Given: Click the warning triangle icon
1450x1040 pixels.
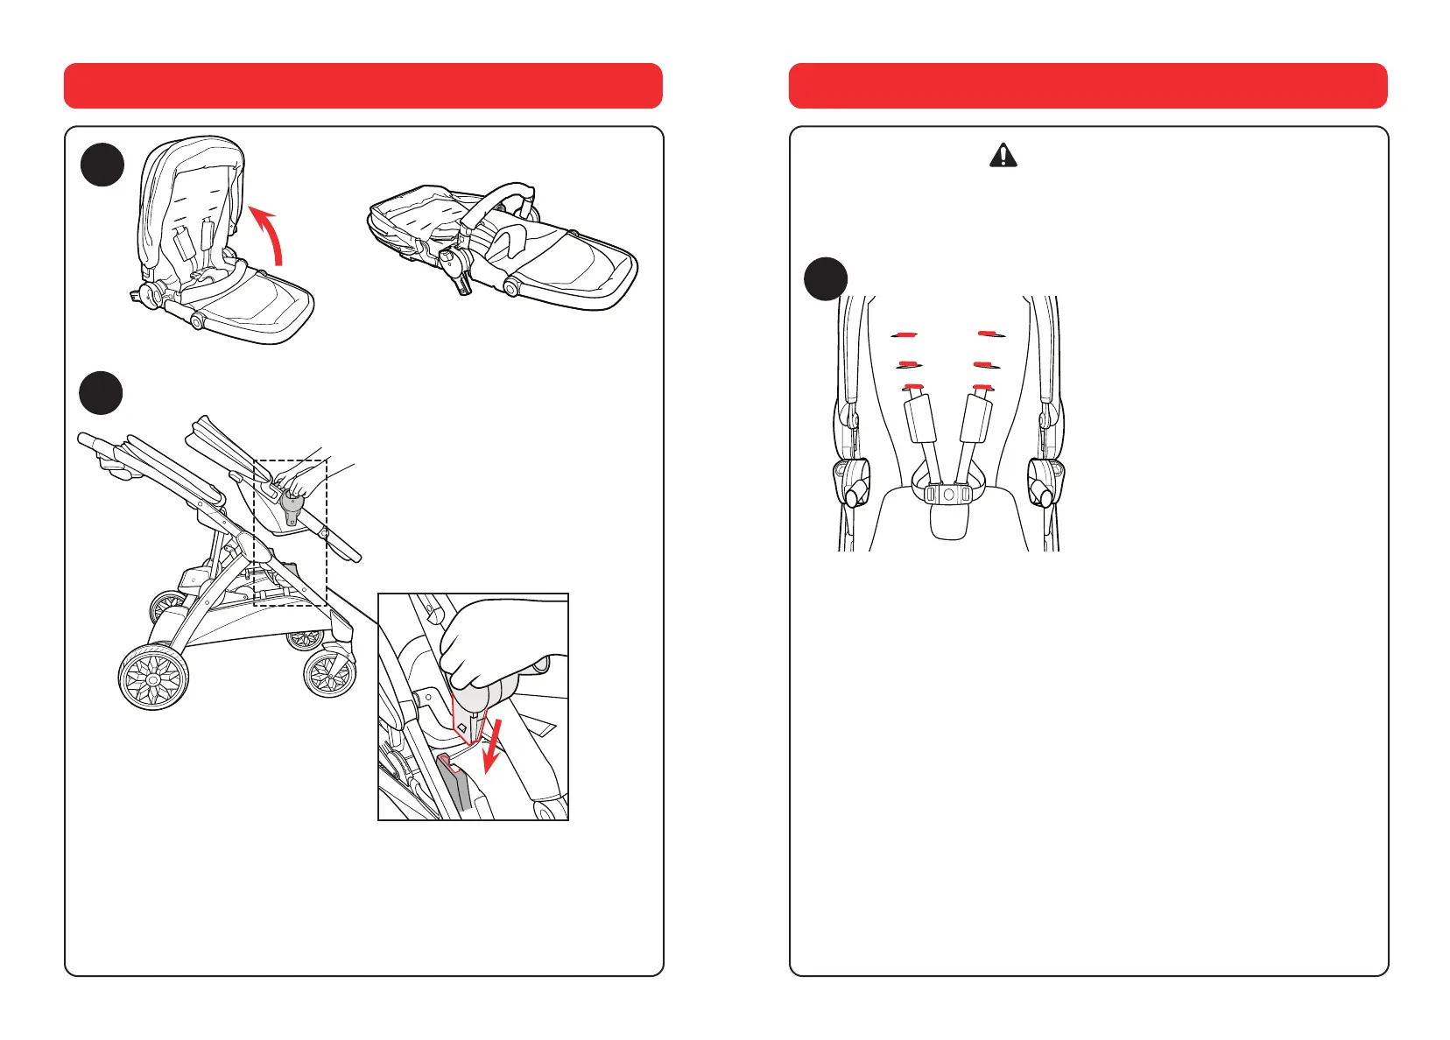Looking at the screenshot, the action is coord(1003,156).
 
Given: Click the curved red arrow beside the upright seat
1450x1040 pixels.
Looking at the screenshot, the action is coord(271,232).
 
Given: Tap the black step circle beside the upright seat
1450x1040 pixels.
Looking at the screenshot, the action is coord(102,165).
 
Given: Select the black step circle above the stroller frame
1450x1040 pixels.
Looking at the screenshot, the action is coord(101,393).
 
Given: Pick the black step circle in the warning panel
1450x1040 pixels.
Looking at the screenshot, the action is coord(825,279).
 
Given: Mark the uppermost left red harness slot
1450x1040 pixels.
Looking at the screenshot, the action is coord(905,334).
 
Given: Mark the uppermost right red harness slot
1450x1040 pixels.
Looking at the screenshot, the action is coord(990,334).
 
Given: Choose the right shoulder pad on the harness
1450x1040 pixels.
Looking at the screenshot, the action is coord(976,418).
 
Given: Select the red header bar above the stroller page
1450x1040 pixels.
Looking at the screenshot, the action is coord(363,86).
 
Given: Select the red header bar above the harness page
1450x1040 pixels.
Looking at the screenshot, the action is coord(1087,86).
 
